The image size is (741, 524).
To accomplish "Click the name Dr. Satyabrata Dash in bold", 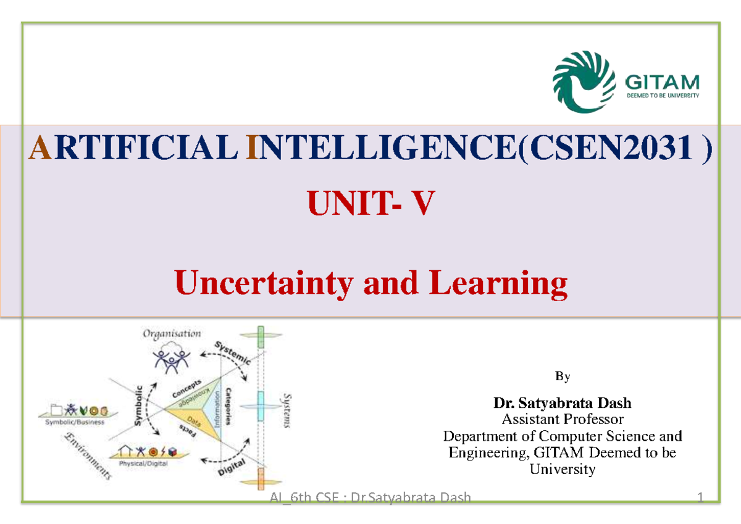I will (x=562, y=404).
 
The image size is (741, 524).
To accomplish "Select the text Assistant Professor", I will (x=562, y=420).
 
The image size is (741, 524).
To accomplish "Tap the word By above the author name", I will (x=562, y=376).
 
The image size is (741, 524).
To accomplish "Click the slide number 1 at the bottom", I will (x=700, y=498).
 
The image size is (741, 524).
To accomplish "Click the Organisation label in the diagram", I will (x=172, y=334).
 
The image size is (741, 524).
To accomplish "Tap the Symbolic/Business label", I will (x=75, y=422).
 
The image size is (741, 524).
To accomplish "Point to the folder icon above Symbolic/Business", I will (x=57, y=409).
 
